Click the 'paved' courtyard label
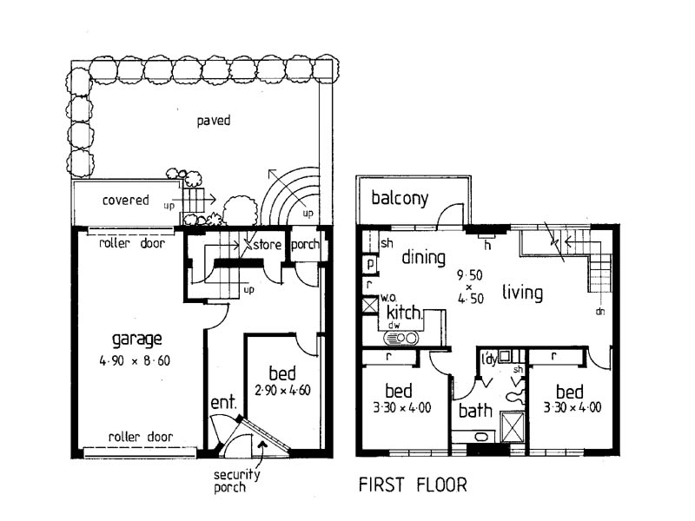click(213, 121)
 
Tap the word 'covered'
click(126, 200)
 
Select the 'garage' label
click(138, 339)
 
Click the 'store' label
click(268, 245)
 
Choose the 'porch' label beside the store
click(304, 245)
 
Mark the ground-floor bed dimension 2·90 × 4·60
click(283, 390)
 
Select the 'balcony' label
click(400, 198)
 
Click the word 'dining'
click(423, 258)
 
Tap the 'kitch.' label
click(403, 313)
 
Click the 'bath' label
click(475, 409)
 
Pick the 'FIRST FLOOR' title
click(413, 485)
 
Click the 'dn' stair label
click(600, 310)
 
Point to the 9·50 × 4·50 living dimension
click(467, 286)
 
